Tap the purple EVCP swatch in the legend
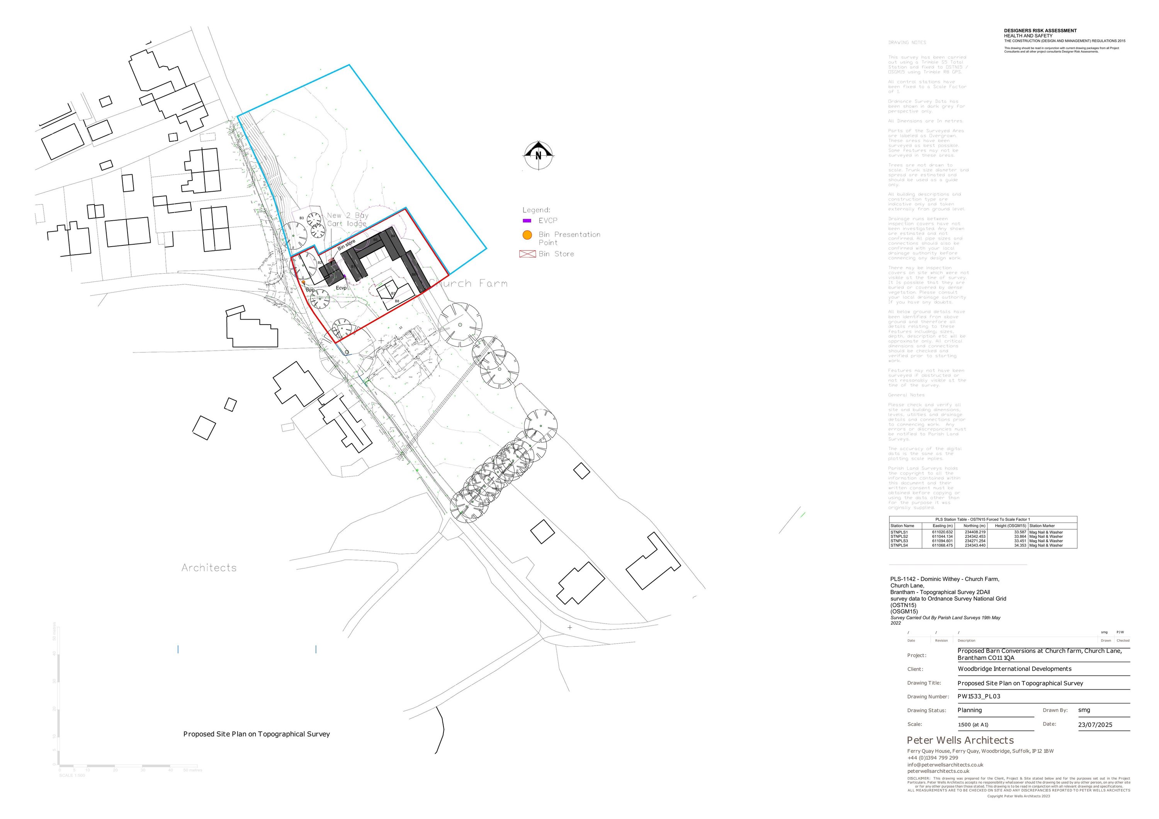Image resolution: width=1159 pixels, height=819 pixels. [x=527, y=221]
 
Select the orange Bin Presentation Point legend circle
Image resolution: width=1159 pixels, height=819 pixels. [x=527, y=235]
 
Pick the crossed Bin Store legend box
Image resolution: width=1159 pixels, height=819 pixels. [x=527, y=254]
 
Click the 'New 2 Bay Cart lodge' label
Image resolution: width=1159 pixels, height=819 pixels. [x=347, y=219]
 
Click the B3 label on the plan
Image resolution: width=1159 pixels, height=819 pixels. [x=302, y=218]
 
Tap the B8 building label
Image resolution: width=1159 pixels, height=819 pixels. [x=397, y=301]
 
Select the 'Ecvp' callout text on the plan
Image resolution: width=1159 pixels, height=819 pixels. [x=341, y=288]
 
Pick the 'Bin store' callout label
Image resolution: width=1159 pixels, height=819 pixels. [x=347, y=245]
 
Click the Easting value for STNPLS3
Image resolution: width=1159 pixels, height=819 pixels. [x=942, y=541]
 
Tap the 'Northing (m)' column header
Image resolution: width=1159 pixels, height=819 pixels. [x=974, y=526]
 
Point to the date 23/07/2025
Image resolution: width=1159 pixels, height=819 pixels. [x=1095, y=725]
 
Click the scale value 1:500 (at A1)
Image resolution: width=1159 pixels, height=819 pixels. [x=973, y=725]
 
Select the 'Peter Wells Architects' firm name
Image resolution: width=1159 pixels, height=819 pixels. [x=960, y=740]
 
